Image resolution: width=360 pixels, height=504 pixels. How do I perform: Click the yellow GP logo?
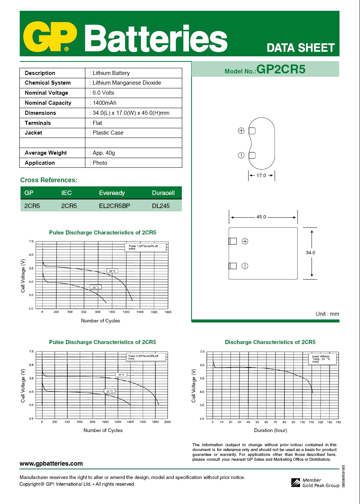(x=50, y=37)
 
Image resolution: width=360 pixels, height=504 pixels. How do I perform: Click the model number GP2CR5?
(x=281, y=69)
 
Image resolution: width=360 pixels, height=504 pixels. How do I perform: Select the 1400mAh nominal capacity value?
(x=104, y=103)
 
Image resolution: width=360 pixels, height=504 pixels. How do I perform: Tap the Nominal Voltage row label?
(x=47, y=93)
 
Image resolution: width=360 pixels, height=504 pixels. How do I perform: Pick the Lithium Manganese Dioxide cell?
(x=127, y=83)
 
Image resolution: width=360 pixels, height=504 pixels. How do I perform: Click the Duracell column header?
(x=163, y=193)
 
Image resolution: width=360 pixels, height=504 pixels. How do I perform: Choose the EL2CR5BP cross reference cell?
(x=114, y=206)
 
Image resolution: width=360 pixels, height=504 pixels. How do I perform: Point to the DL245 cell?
(x=161, y=206)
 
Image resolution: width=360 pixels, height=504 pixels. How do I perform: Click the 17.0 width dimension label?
(x=261, y=175)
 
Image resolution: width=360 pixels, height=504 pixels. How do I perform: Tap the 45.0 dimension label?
(x=261, y=217)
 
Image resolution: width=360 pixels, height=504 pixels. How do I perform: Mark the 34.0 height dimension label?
(x=310, y=252)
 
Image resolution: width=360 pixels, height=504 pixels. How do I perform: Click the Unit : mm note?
(x=327, y=314)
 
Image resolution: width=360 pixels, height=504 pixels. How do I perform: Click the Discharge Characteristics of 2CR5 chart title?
(x=270, y=342)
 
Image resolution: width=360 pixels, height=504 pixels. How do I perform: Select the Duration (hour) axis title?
(x=271, y=430)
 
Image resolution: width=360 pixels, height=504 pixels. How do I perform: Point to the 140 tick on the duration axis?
(x=338, y=422)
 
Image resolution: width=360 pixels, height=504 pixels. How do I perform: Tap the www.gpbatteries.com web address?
(x=51, y=463)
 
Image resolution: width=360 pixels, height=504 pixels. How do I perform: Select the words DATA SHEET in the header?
(x=301, y=48)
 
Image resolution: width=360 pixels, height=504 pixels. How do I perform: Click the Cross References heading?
(x=49, y=180)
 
